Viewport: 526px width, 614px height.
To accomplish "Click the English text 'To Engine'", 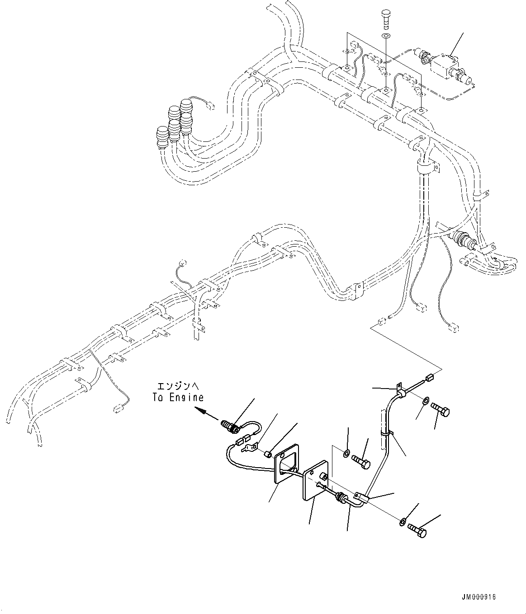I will pyautogui.click(x=178, y=398).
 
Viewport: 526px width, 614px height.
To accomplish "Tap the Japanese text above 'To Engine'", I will pyautogui.click(x=178, y=387).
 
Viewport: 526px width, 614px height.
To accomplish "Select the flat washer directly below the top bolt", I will pyautogui.click(x=386, y=37).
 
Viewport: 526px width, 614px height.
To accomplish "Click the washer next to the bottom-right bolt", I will pyautogui.click(x=402, y=523).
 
